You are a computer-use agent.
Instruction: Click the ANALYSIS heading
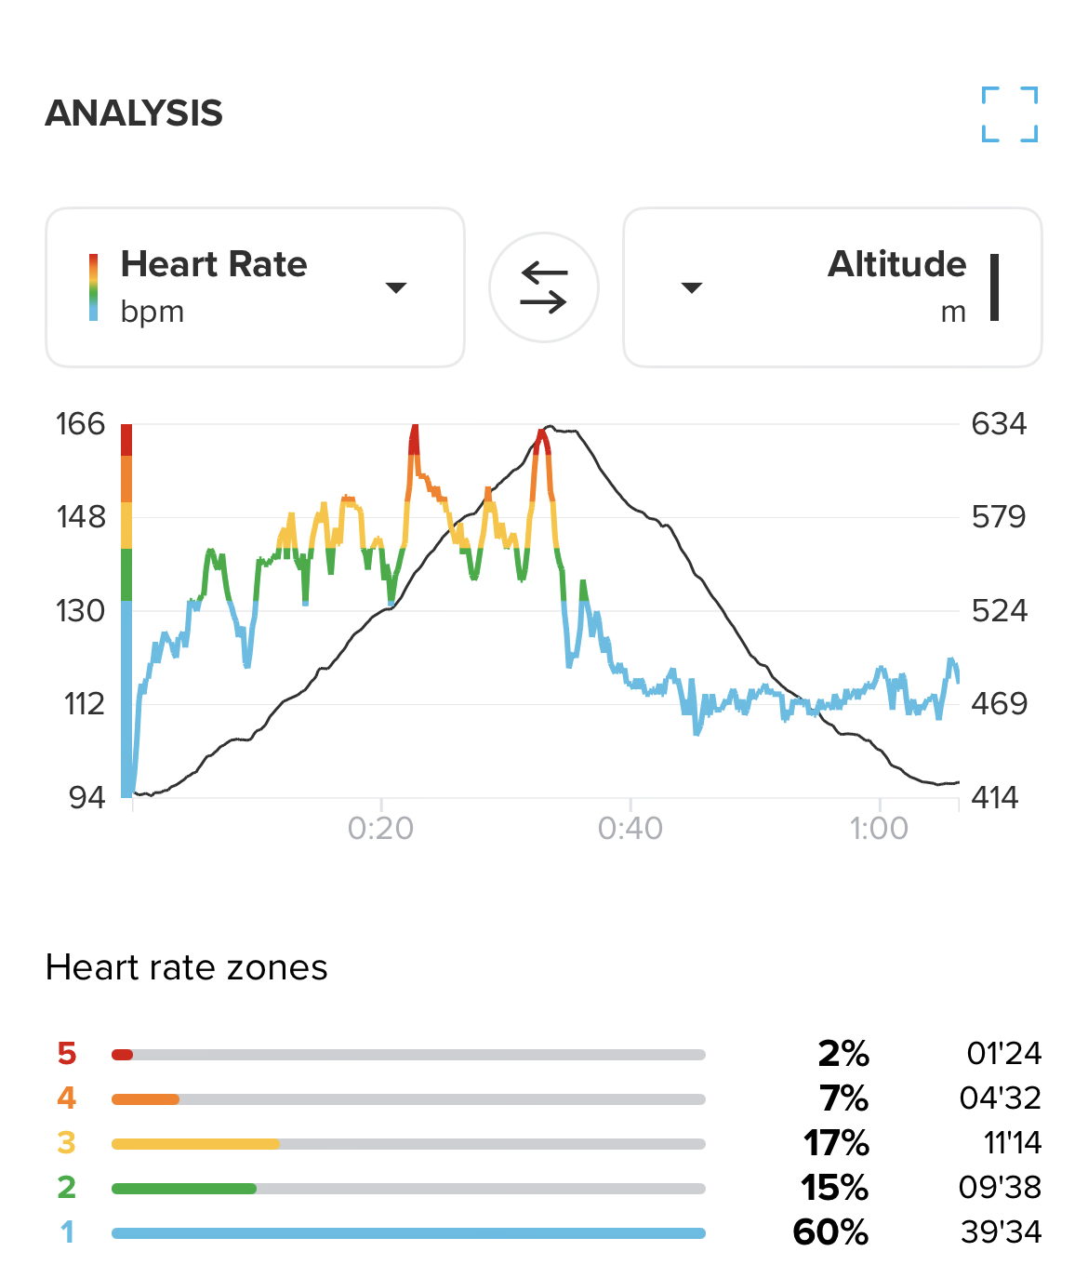pos(134,113)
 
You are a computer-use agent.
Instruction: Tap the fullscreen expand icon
pos(1010,114)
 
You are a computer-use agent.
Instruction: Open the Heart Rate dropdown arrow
pos(396,287)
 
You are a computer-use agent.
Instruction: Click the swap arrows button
pos(544,287)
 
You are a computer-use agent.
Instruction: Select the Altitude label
pos(896,264)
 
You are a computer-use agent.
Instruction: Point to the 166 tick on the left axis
pos(81,424)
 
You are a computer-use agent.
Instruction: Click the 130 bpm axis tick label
pos(81,611)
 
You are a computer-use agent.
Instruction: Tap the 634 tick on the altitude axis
pos(999,424)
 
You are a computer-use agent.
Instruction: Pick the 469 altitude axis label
pos(999,703)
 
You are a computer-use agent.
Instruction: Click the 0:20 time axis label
pos(380,828)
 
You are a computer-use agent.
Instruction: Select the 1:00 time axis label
pos(879,828)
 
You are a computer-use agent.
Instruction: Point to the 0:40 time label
pos(630,828)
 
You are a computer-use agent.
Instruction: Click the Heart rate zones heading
pos(186,967)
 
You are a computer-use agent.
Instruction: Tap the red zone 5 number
pos(67,1053)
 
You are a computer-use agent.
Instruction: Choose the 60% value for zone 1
pos(830,1232)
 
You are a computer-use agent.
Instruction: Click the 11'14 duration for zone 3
pos(1013,1142)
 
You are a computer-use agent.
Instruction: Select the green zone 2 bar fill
pos(184,1188)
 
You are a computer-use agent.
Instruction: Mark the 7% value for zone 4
pos(843,1098)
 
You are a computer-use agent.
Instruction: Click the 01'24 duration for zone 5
pos(1003,1053)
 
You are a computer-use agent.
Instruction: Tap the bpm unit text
pos(153,312)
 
